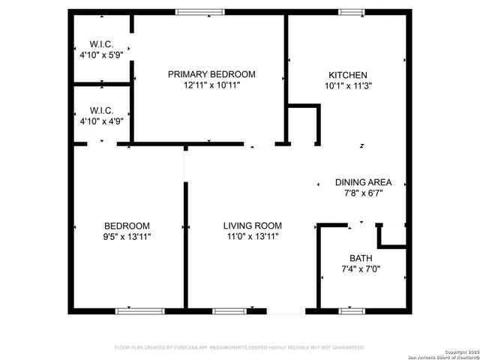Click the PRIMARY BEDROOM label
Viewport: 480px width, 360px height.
click(x=211, y=74)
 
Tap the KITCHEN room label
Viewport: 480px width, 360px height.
click(x=347, y=75)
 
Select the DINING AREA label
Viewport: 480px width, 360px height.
click(x=363, y=182)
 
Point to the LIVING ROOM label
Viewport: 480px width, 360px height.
click(x=252, y=226)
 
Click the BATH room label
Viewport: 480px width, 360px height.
click(x=361, y=258)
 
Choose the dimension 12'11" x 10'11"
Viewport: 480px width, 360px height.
click(x=211, y=85)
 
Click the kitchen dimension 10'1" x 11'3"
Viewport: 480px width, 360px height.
click(x=347, y=85)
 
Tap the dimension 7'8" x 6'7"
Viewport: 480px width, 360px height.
click(x=363, y=193)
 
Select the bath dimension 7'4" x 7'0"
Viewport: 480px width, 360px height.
click(x=361, y=268)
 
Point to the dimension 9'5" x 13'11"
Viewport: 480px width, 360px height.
click(x=127, y=236)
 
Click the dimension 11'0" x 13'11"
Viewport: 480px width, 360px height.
click(x=252, y=236)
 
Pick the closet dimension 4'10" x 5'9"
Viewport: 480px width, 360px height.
click(x=101, y=54)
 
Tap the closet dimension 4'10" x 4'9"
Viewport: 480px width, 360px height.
click(x=101, y=120)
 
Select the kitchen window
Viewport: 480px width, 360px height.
click(x=350, y=12)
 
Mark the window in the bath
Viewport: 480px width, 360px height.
click(x=351, y=310)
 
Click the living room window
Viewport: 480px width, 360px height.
click(x=229, y=310)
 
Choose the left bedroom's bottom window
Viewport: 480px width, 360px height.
click(x=139, y=310)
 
